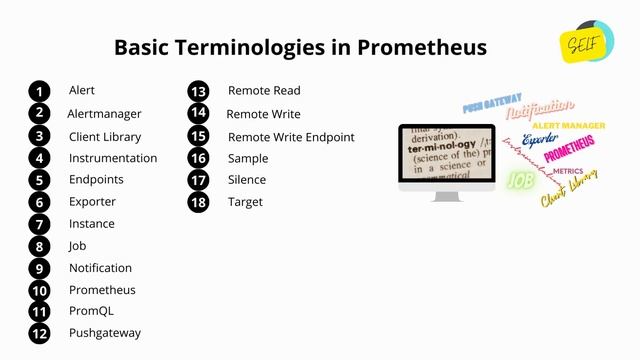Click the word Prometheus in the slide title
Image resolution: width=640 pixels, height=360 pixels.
tap(422, 47)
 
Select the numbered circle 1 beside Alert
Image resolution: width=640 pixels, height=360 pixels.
tap(39, 91)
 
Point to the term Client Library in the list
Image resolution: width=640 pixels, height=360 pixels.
tap(105, 136)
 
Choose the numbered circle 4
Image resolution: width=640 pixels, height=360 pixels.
tap(39, 158)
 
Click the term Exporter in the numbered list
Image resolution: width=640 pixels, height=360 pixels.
tap(92, 202)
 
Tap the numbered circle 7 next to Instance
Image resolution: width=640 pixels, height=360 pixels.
tap(39, 224)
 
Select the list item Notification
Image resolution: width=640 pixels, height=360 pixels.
tap(100, 268)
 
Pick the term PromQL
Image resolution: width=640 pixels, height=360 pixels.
tap(91, 311)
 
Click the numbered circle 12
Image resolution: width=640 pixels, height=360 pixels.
tap(39, 333)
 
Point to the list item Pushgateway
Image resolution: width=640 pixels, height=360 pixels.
tap(105, 333)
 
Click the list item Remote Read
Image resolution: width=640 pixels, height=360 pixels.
tap(264, 91)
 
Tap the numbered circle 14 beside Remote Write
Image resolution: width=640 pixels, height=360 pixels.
tap(198, 114)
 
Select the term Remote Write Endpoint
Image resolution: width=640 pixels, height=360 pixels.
tap(291, 137)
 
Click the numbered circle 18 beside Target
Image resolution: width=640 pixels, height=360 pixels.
tap(198, 202)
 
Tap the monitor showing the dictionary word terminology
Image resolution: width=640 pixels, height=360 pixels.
tap(446, 158)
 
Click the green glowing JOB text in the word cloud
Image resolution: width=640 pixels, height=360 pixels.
tap(520, 181)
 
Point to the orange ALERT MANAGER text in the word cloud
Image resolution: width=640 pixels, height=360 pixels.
tap(568, 126)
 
